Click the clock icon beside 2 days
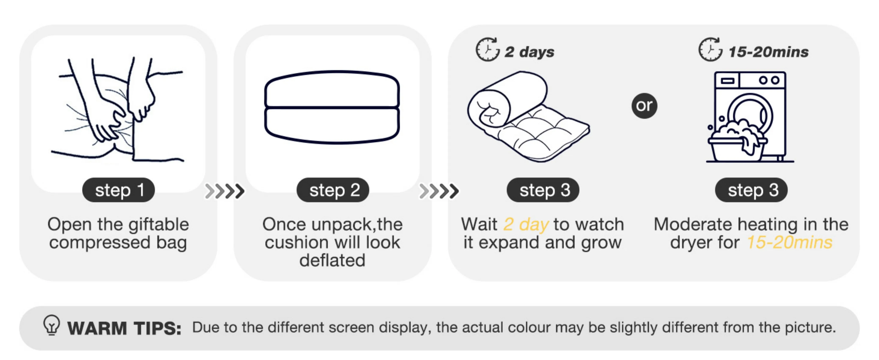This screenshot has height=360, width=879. click(487, 50)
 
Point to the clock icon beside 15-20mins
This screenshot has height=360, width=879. click(710, 50)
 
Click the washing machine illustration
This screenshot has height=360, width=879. click(750, 117)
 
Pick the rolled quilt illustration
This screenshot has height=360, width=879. click(528, 116)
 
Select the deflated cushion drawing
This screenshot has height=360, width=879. click(332, 107)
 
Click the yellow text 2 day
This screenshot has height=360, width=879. click(526, 224)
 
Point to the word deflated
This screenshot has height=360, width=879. click(332, 260)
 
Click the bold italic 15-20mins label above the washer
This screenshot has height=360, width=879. click(768, 52)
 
